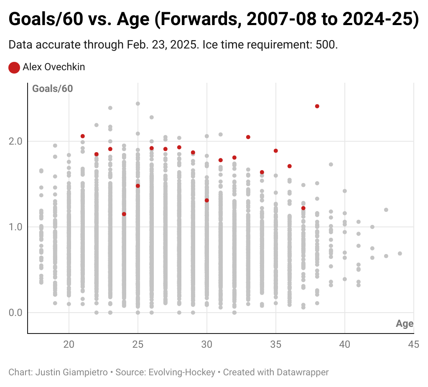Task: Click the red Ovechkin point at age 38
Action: (317, 106)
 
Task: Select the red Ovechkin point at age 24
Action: (124, 214)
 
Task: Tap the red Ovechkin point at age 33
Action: (248, 137)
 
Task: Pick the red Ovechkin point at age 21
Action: (83, 136)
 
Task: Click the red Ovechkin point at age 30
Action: (207, 201)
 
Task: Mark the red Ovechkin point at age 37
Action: (303, 208)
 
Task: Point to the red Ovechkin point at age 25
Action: (138, 186)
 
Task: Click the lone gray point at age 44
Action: (400, 254)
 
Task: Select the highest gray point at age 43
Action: (386, 210)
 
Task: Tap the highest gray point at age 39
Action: (331, 164)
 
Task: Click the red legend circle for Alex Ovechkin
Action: (14, 67)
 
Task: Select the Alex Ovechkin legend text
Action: (53, 67)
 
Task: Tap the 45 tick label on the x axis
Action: (414, 345)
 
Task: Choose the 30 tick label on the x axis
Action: (207, 345)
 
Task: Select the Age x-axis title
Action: (405, 324)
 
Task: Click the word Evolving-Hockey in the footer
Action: (183, 372)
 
